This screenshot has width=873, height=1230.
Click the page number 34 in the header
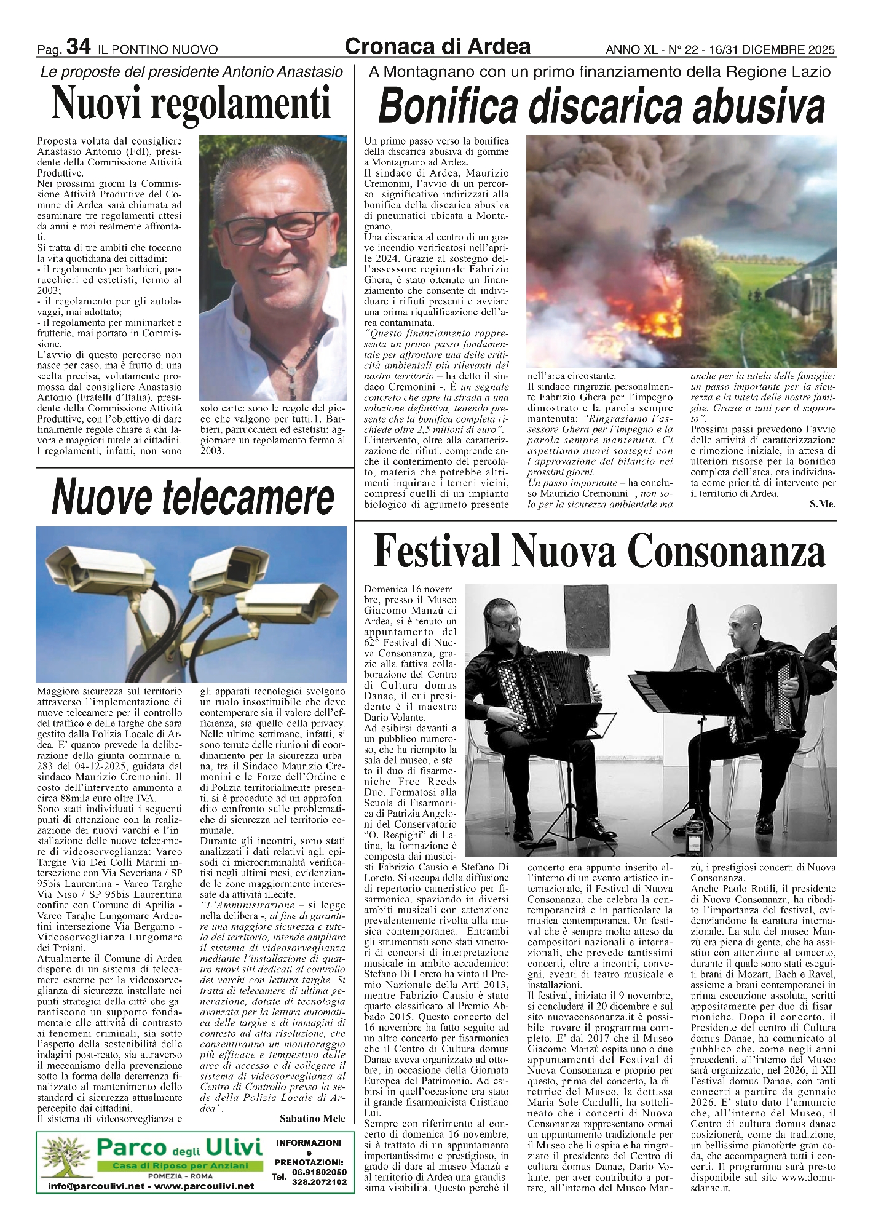(x=78, y=46)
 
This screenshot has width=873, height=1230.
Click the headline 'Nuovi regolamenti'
(x=191, y=103)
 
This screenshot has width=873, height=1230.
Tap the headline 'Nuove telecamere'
(x=193, y=496)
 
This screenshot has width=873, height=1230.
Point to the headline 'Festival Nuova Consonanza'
(x=599, y=551)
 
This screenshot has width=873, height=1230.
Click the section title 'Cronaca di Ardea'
(x=438, y=46)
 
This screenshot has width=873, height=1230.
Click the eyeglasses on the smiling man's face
(x=269, y=227)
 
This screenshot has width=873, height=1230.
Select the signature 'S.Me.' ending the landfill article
(x=822, y=504)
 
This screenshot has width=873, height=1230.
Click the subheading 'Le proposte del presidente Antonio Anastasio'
(x=192, y=72)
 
